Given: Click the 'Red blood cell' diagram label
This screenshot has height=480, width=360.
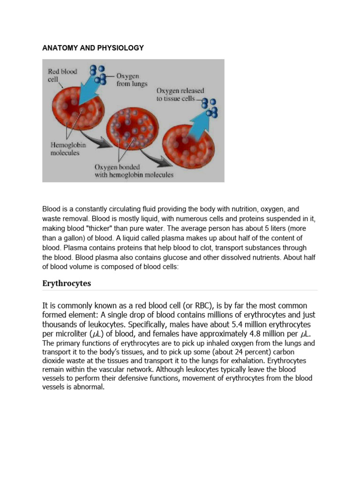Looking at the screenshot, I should pos(62,75).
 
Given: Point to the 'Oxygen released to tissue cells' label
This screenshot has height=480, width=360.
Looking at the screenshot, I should pos(180,95).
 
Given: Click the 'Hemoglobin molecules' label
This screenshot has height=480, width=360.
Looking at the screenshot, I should pos(68,149).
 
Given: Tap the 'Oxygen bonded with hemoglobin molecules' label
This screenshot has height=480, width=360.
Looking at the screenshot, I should pos(134,171).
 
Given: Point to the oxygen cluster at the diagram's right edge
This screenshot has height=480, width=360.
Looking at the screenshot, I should pos(212,108).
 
